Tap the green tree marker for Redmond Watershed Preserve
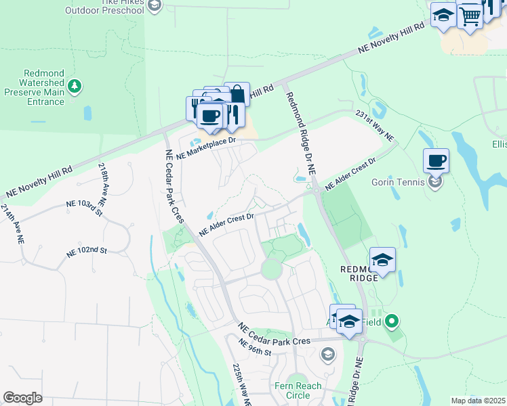(x=75, y=86)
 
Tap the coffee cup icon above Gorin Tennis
(x=437, y=161)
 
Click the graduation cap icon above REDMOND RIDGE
(x=382, y=260)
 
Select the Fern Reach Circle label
(x=298, y=390)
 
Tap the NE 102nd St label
(x=87, y=250)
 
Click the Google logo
(x=22, y=398)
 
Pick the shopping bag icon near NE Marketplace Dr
(x=237, y=94)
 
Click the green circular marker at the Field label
(x=392, y=321)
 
